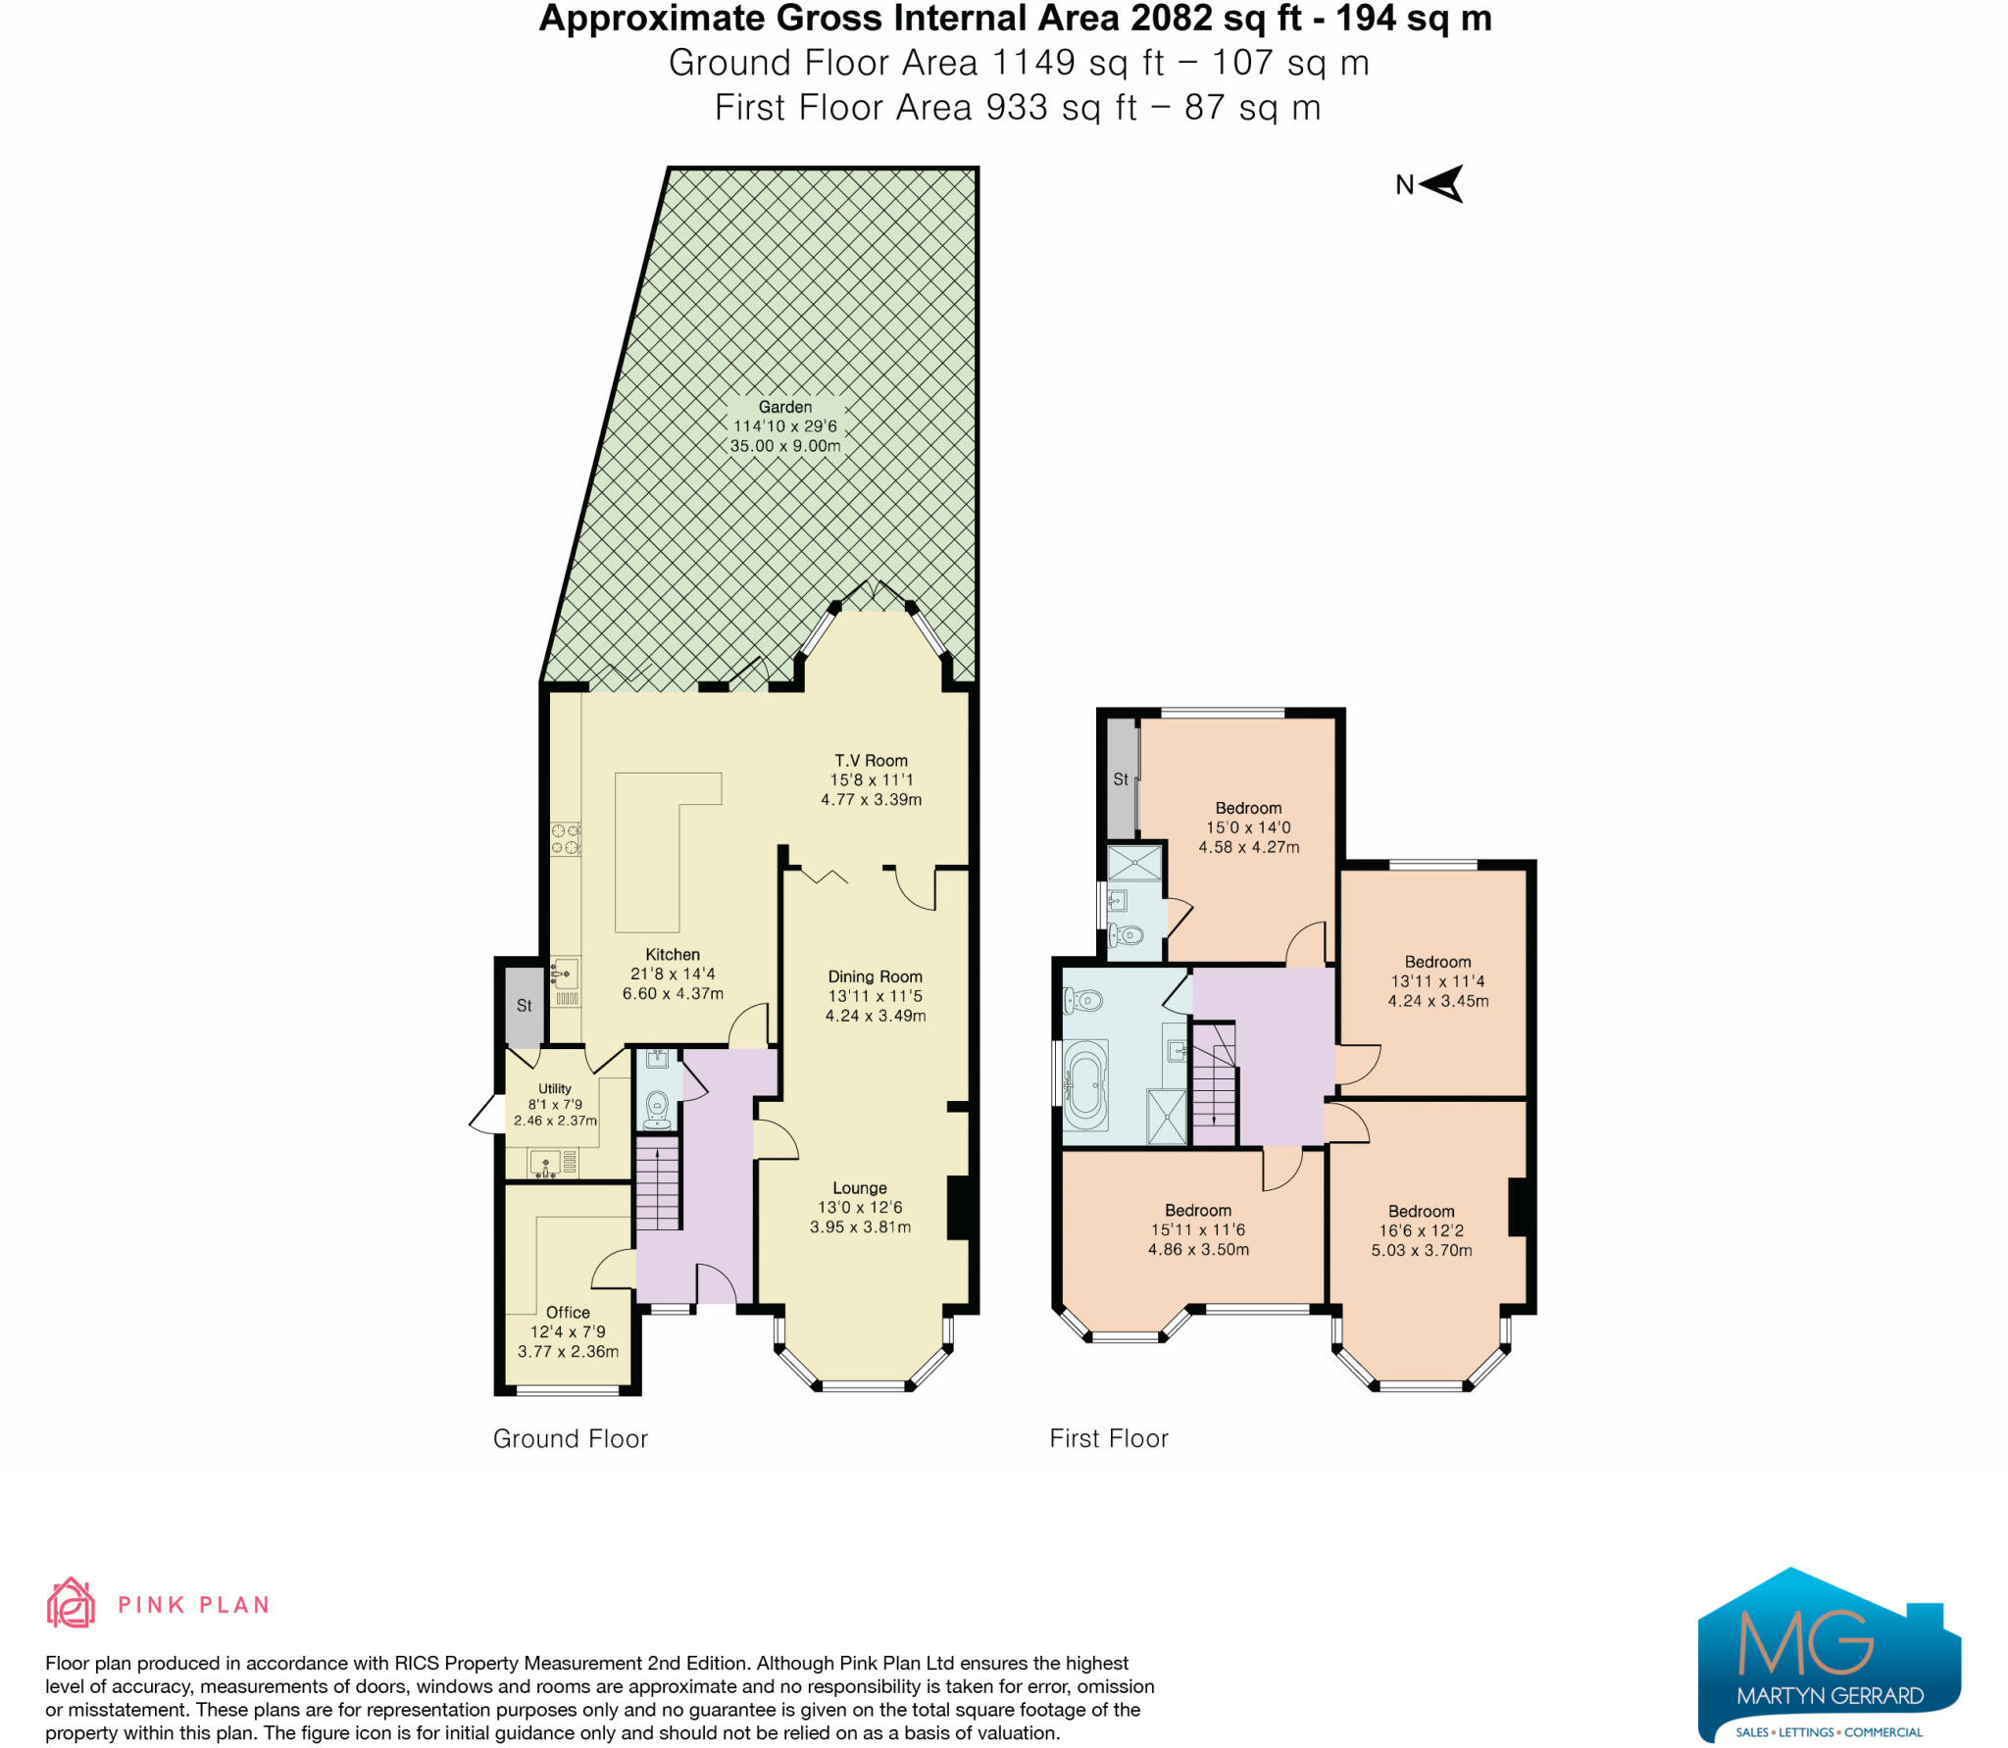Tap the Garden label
[784, 407]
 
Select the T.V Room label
[871, 761]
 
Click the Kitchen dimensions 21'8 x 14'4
[673, 974]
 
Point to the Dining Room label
[875, 976]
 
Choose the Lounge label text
[860, 1188]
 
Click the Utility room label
[555, 1088]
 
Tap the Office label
[568, 1313]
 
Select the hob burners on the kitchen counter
[566, 839]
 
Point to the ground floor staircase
[658, 1182]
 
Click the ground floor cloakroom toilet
[658, 1108]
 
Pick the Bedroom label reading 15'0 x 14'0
[1248, 808]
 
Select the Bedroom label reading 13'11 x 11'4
[1437, 963]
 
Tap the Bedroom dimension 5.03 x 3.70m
[1422, 1251]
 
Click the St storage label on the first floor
[1121, 779]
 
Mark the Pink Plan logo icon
[71, 1604]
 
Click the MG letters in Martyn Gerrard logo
[1805, 1642]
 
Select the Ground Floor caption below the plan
[570, 1439]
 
